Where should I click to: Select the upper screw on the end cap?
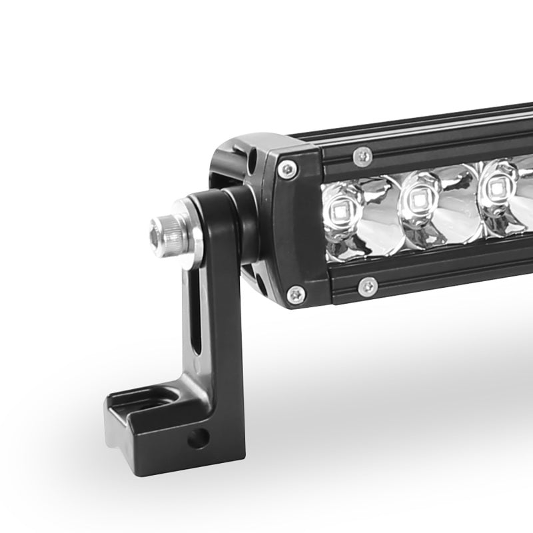pyautogui.click(x=288, y=169)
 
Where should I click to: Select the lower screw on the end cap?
pyautogui.click(x=294, y=293)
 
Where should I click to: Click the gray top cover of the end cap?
pyautogui.click(x=257, y=145)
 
